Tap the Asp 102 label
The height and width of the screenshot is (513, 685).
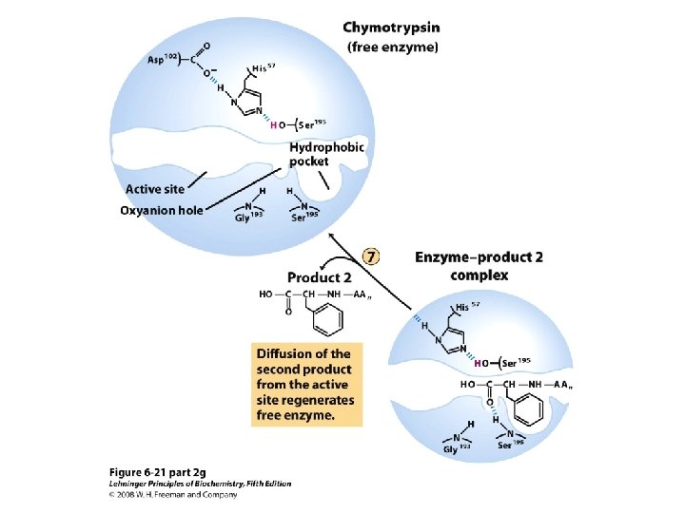click(x=163, y=60)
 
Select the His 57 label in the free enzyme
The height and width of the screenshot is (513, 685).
click(x=264, y=67)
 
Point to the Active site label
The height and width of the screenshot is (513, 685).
click(x=155, y=189)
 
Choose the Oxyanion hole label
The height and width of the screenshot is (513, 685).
click(x=161, y=210)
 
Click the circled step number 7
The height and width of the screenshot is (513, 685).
click(x=372, y=256)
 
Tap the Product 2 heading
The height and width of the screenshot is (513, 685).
click(x=319, y=277)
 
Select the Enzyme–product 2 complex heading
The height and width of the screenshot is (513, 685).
click(x=462, y=265)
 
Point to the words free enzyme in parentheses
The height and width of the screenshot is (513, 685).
click(x=391, y=46)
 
